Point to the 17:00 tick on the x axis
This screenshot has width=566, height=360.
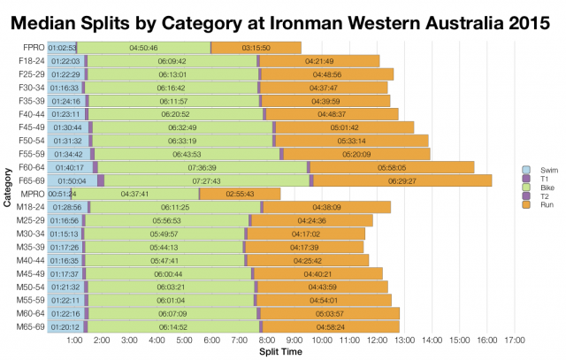(x=514, y=340)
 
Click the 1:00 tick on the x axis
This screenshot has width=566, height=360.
(x=74, y=340)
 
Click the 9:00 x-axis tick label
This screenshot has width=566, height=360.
(x=294, y=340)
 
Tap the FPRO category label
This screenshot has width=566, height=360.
(x=30, y=47)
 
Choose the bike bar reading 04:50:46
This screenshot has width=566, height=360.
(x=143, y=47)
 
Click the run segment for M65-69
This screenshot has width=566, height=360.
(x=331, y=326)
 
